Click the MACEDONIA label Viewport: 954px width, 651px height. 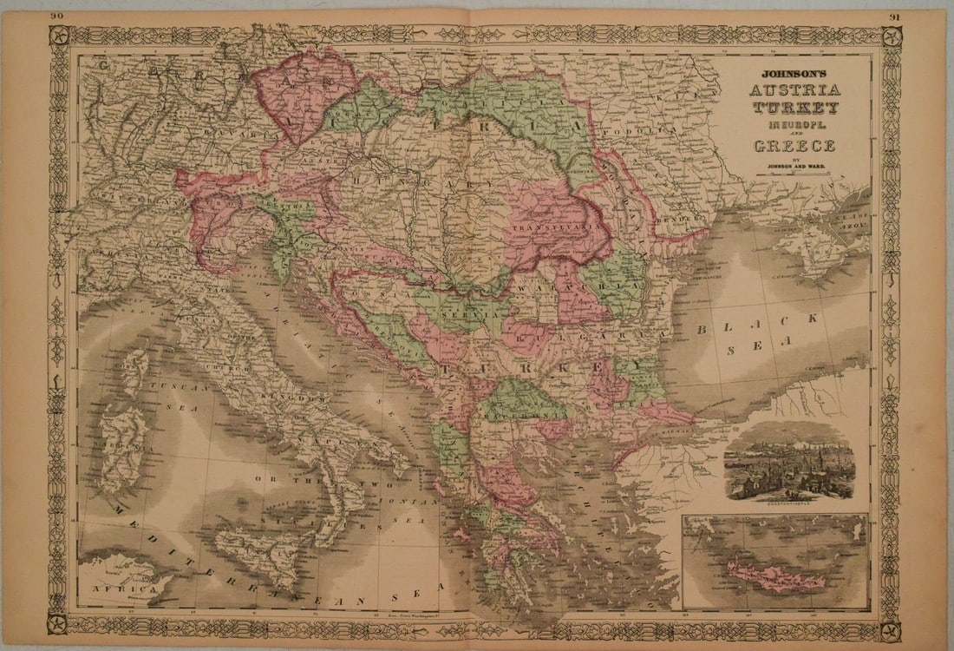pos(520,416)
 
